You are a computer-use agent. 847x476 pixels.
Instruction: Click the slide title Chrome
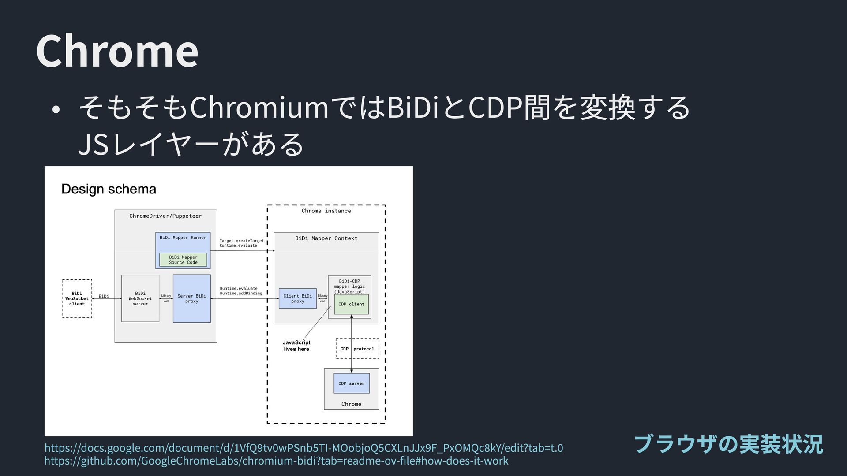coord(117,51)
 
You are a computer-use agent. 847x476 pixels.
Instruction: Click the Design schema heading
coord(109,189)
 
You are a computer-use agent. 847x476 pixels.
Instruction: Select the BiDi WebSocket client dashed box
coord(77,298)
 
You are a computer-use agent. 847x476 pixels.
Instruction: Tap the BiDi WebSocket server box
coord(140,298)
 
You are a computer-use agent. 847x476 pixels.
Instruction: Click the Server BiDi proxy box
coord(191,298)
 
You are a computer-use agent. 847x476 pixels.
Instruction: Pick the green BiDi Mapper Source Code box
coord(183,260)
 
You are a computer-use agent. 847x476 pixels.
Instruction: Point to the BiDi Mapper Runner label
coord(183,238)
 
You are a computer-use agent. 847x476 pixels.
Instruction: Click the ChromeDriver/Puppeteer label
coord(165,216)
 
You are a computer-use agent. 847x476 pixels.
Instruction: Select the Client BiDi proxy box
coord(297,298)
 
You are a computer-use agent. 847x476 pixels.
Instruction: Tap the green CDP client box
coord(351,304)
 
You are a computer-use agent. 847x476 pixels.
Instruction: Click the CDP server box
coord(351,383)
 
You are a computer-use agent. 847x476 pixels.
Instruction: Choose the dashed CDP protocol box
coord(357,349)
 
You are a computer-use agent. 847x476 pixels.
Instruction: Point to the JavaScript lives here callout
coord(296,346)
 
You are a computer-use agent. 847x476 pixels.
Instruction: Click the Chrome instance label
coord(326,211)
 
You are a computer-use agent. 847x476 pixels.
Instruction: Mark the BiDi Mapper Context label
coord(326,238)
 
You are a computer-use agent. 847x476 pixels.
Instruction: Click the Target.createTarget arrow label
coord(241,241)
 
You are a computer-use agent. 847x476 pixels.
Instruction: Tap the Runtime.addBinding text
coord(241,293)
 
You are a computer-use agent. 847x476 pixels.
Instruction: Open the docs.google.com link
coord(304,448)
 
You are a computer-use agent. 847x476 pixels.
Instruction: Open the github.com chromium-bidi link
coord(276,461)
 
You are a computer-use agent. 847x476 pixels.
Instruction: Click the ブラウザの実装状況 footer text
coord(728,444)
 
